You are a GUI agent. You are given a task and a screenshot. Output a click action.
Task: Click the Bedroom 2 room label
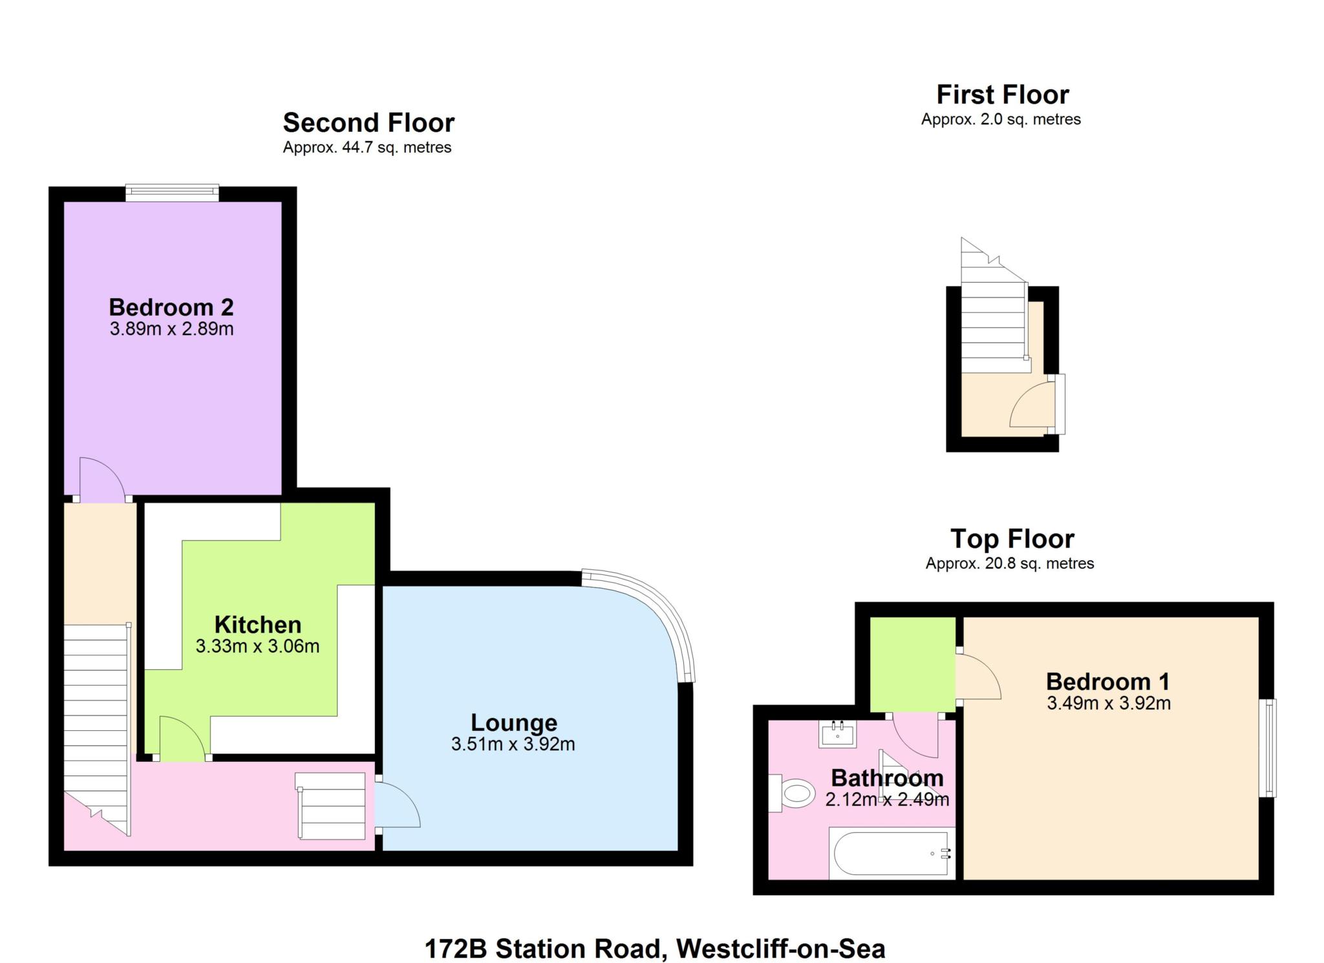(171, 307)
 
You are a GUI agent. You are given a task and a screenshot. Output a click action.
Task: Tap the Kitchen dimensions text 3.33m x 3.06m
(257, 646)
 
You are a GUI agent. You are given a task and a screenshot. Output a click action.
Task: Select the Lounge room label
(513, 722)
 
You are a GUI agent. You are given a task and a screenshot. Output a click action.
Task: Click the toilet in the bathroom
(794, 794)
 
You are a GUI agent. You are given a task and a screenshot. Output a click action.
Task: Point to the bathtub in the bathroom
(891, 853)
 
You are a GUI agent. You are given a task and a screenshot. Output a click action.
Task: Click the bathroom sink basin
(837, 734)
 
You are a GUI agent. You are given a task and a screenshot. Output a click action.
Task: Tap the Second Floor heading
(368, 122)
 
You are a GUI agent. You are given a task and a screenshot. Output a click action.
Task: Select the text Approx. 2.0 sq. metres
(1000, 120)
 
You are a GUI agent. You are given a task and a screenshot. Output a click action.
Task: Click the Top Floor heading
(1012, 538)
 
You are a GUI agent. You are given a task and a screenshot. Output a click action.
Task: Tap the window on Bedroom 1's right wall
(1270, 747)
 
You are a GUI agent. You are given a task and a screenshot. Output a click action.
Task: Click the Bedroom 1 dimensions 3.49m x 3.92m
(1108, 703)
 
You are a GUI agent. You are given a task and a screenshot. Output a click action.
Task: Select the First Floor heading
(1002, 94)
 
